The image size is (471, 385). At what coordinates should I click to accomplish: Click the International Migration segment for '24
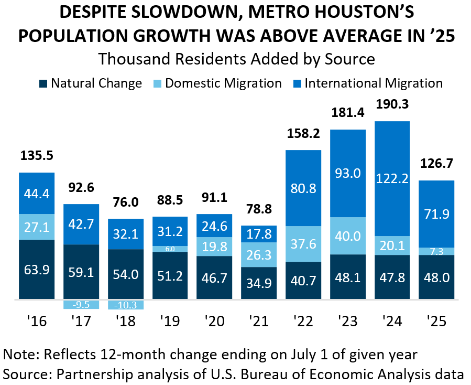(392, 178)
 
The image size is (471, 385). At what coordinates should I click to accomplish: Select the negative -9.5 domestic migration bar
(81, 304)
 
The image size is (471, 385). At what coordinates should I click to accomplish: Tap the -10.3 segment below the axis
(125, 304)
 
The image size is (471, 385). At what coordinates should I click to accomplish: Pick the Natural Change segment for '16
(37, 270)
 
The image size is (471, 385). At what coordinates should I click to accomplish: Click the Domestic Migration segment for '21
(259, 254)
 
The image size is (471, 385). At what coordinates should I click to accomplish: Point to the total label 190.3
(392, 104)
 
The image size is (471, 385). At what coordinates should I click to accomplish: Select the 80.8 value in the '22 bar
(303, 188)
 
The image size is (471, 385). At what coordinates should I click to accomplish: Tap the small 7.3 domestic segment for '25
(436, 251)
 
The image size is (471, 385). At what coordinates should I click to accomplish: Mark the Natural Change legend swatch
(43, 83)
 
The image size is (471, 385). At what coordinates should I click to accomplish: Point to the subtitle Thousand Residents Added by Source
(236, 59)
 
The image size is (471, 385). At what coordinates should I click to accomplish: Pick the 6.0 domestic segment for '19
(170, 249)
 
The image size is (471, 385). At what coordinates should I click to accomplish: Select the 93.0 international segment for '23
(348, 173)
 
